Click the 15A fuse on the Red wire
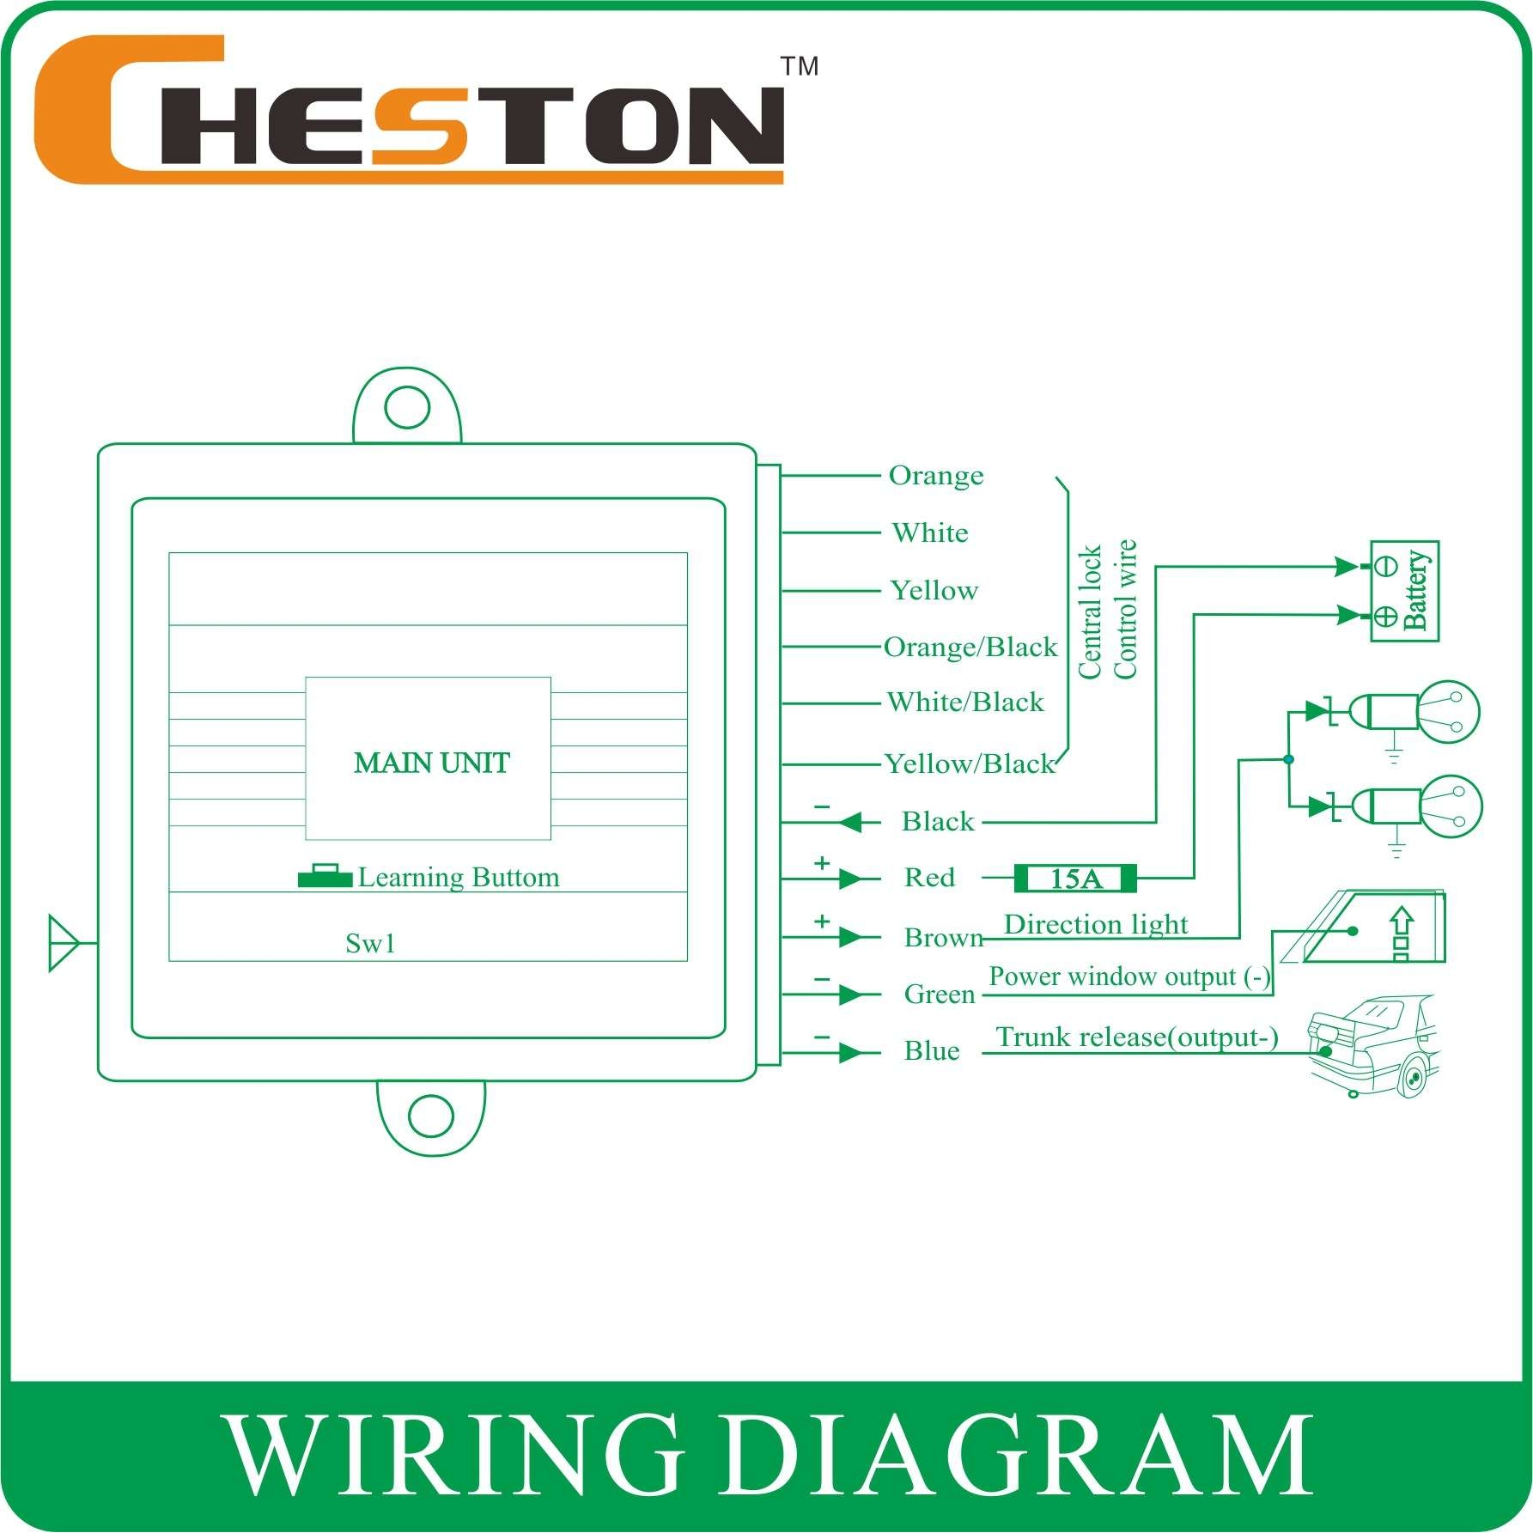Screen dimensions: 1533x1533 [x=1075, y=879]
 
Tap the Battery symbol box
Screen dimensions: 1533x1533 [x=1404, y=591]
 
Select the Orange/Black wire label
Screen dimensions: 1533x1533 [x=970, y=647]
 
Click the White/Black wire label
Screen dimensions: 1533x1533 [x=965, y=703]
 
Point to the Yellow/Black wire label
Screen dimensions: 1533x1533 [x=969, y=763]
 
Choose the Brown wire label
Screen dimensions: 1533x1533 [x=943, y=937]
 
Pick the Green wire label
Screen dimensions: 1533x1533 [x=940, y=995]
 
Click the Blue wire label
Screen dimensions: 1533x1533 [x=932, y=1051]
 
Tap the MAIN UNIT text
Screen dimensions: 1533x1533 [x=431, y=763]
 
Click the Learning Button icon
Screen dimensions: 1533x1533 [x=325, y=876]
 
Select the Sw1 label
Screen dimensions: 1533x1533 [x=370, y=944]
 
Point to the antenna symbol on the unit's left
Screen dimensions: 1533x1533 [x=64, y=943]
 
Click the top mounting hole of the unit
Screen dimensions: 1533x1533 [x=407, y=407]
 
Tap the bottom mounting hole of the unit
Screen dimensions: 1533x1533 [x=430, y=1116]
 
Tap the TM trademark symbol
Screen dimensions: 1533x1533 [x=799, y=66]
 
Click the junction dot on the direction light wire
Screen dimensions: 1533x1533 [x=1287, y=759]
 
